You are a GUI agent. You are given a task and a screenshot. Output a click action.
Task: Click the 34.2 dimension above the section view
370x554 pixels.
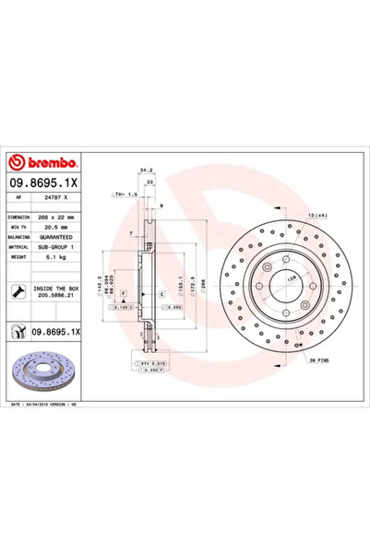coord(146,170)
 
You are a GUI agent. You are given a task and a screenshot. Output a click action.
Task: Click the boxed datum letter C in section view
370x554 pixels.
coord(162,293)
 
